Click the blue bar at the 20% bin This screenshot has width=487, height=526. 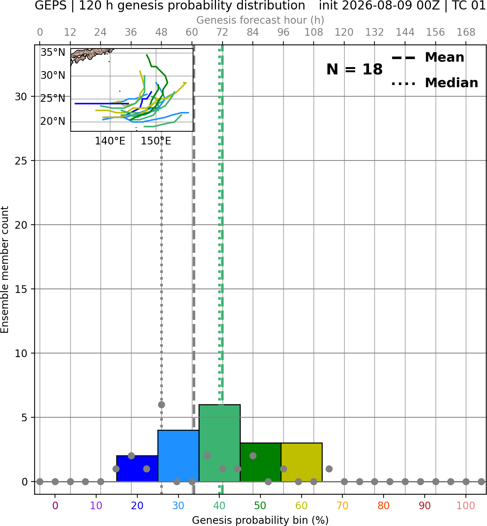pyautogui.click(x=137, y=468)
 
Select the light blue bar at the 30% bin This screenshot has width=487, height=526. pyautogui.click(x=178, y=456)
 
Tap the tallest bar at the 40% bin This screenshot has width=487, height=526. pyautogui.click(x=220, y=443)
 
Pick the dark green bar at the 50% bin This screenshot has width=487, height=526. pyautogui.click(x=260, y=462)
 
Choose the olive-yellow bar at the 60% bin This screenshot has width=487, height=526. pyautogui.click(x=302, y=462)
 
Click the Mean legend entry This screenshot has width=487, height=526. pyautogui.click(x=428, y=58)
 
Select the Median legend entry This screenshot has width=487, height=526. pyautogui.click(x=435, y=83)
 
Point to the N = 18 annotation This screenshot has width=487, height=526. pyautogui.click(x=354, y=69)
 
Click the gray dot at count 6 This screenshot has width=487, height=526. pyautogui.click(x=161, y=405)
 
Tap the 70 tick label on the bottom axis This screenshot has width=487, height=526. pyautogui.click(x=342, y=506)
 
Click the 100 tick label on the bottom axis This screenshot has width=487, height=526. pyautogui.click(x=466, y=506)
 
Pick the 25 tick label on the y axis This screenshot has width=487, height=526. pyautogui.click(x=21, y=161)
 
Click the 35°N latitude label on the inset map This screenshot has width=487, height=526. pyautogui.click(x=53, y=53)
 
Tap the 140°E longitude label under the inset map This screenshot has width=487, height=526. pyautogui.click(x=110, y=141)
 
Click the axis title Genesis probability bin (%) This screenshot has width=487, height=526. pyautogui.click(x=260, y=520)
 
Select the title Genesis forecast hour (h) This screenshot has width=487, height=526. pyautogui.click(x=260, y=20)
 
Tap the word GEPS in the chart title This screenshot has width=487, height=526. pyautogui.click(x=51, y=5)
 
